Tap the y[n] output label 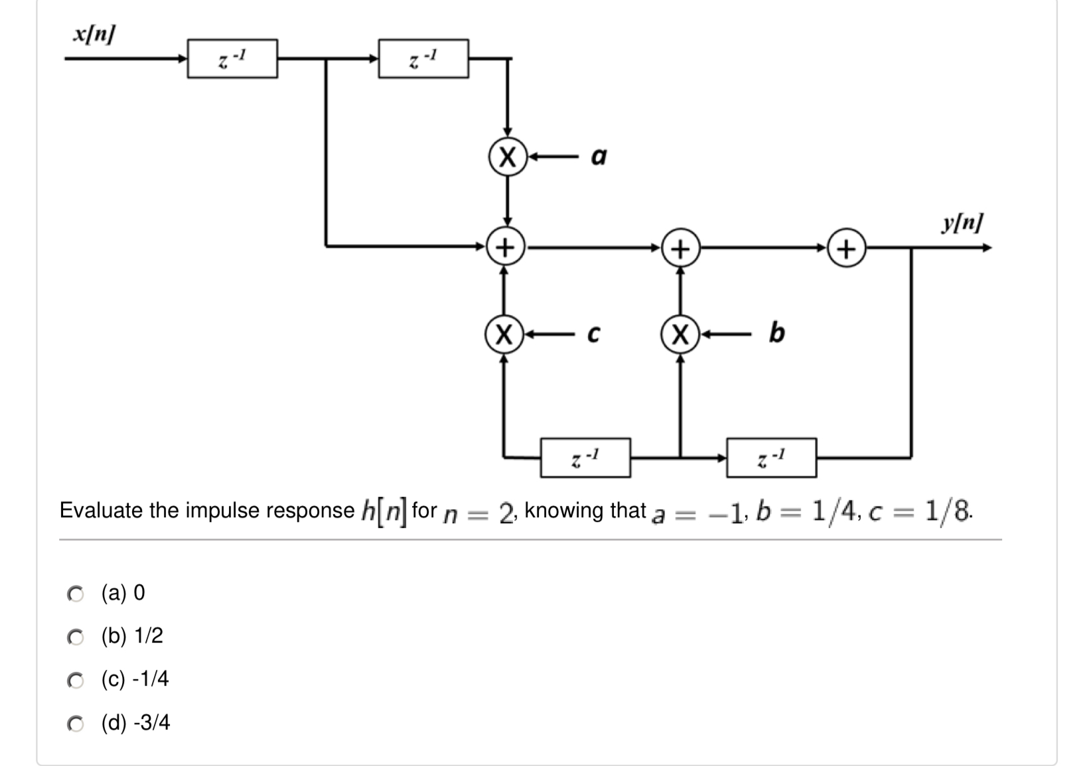(x=962, y=222)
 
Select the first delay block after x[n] (x=232, y=59)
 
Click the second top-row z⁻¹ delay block (x=423, y=59)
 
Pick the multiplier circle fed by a (x=507, y=157)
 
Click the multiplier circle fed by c (x=504, y=334)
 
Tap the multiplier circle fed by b (x=680, y=334)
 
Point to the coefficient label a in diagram (x=599, y=157)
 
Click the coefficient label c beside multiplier (x=594, y=334)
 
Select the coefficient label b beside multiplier (x=776, y=332)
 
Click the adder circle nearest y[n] (x=846, y=249)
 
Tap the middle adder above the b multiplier (x=680, y=248)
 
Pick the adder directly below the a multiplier (x=506, y=247)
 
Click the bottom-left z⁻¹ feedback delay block (x=585, y=458)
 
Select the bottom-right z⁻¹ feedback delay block (x=771, y=458)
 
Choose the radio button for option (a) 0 (x=76, y=594)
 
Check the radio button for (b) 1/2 (x=76, y=637)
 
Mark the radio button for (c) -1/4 (x=76, y=680)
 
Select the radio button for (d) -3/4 (x=76, y=724)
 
